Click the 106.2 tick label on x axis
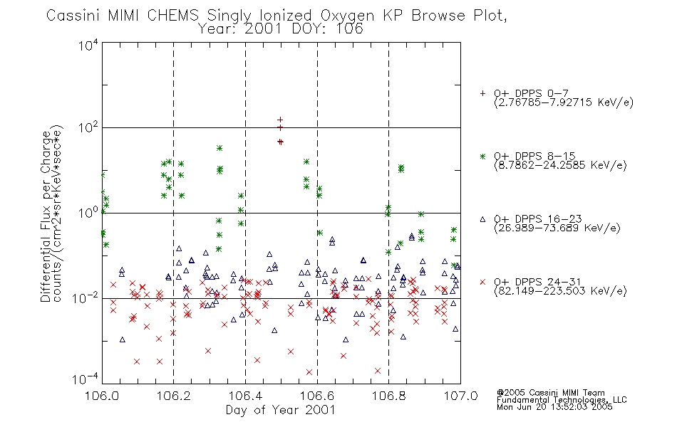point(174,396)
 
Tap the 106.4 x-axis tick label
point(245,396)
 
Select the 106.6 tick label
point(317,396)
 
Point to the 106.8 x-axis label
point(388,396)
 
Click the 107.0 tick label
point(460,396)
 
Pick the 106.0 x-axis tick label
point(102,396)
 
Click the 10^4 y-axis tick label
point(88,45)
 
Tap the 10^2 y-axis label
point(88,128)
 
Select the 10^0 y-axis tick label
point(88,213)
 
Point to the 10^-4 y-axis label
point(86,379)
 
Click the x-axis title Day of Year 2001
point(281,410)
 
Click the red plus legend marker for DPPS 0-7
point(482,93)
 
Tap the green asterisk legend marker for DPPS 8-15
point(482,156)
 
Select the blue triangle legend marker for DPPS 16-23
point(482,219)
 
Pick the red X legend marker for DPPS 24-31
point(482,282)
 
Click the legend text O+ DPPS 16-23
point(538,218)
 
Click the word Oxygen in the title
point(347,16)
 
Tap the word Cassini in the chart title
point(73,15)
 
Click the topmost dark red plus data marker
point(280,120)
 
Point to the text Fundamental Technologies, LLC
point(562,400)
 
